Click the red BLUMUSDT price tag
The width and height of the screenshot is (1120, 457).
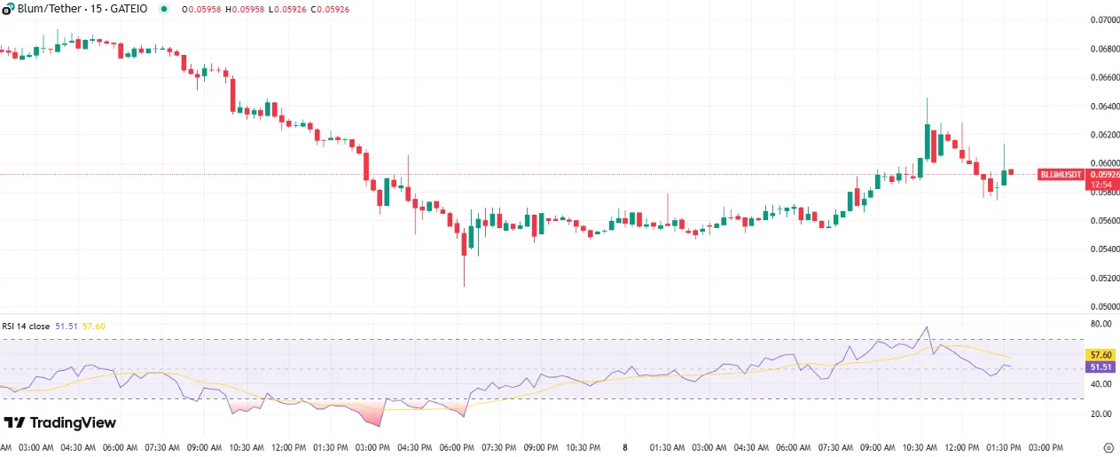click(x=1061, y=175)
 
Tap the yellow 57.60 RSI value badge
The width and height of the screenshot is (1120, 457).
click(x=1100, y=354)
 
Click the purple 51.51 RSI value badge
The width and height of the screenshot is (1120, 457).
click(x=1100, y=366)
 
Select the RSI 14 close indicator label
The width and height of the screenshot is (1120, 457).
click(x=27, y=326)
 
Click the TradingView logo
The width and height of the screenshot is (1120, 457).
click(x=59, y=422)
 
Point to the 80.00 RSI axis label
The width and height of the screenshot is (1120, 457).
click(x=1100, y=324)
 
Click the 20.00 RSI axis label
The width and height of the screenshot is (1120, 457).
click(x=1100, y=414)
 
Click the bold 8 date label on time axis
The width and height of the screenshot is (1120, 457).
click(x=624, y=446)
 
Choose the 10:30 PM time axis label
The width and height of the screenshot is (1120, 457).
click(x=583, y=446)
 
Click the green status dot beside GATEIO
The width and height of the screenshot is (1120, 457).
click(x=163, y=8)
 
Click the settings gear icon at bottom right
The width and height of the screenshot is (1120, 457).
click(x=1107, y=446)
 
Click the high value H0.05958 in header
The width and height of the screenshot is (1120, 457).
click(x=243, y=8)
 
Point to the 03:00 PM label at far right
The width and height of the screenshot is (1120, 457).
click(x=1045, y=446)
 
